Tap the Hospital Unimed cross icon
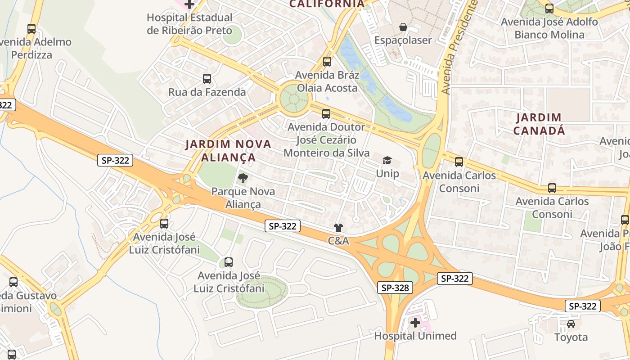[415, 323]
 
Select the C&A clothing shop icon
[338, 228]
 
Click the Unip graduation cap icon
[387, 160]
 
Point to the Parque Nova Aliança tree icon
[243, 178]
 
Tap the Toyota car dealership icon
[571, 324]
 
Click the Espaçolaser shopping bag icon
[403, 27]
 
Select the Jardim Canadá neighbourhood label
[539, 124]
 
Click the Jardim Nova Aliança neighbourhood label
[229, 151]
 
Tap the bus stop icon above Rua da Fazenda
[207, 79]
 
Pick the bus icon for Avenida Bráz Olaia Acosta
[327, 62]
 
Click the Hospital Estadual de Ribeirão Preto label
[189, 24]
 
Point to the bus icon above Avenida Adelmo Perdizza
[31, 29]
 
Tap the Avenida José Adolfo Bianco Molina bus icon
[549, 8]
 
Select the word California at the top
[327, 4]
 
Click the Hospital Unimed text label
[415, 336]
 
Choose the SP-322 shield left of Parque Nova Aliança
[115, 160]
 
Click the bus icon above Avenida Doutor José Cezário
[326, 114]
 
